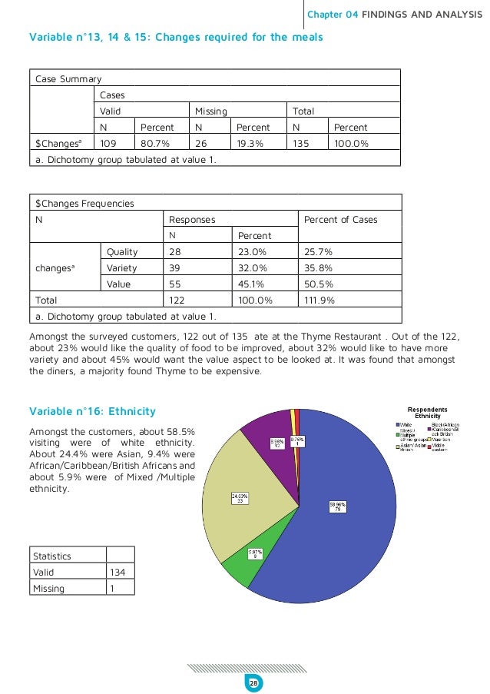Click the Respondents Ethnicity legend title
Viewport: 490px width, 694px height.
427,413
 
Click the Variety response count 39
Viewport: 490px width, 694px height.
176,267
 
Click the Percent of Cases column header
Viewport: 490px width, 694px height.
341,219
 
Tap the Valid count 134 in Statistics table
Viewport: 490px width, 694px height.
120,571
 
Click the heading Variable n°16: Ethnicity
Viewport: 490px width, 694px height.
92,411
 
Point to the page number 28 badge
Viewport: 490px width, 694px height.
252,682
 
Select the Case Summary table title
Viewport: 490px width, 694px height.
68,78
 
